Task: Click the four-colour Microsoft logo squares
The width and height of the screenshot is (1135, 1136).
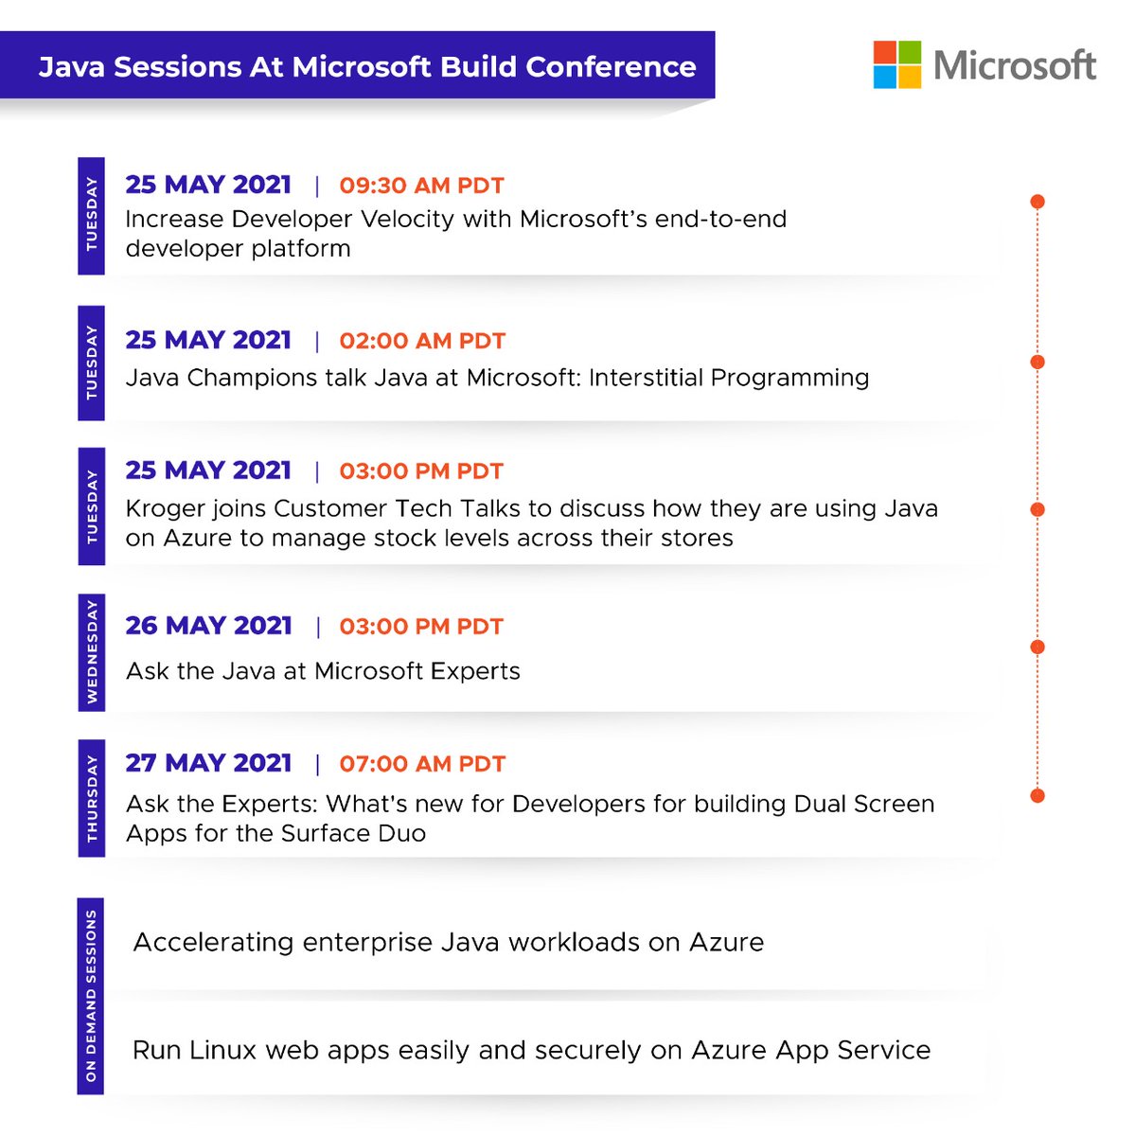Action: (896, 64)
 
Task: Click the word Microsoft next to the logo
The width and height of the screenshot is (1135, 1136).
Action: (1014, 65)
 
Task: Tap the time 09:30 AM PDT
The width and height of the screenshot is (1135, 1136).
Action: (421, 186)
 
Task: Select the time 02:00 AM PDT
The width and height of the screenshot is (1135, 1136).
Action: (422, 341)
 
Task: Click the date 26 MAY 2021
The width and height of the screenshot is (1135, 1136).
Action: (208, 626)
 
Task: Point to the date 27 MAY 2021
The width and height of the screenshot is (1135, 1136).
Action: (208, 763)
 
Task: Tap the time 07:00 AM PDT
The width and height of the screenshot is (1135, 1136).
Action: (422, 764)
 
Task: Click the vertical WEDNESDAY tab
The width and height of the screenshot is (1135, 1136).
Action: (91, 652)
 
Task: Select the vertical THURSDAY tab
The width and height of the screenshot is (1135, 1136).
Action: (91, 798)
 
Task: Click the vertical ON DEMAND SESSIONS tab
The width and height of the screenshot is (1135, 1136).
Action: (91, 996)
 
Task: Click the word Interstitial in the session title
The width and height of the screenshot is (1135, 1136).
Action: (647, 378)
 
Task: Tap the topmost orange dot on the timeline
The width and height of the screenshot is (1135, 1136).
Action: (1037, 202)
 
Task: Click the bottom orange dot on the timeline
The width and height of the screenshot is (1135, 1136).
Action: (1037, 795)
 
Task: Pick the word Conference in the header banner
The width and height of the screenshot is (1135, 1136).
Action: (611, 67)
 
